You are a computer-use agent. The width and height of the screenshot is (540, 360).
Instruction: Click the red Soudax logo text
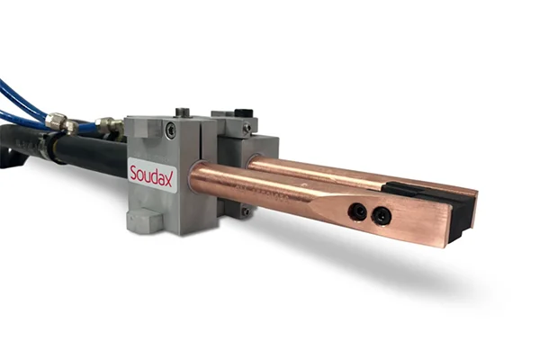(151, 175)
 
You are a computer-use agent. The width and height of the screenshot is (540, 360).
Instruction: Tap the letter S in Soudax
(133, 172)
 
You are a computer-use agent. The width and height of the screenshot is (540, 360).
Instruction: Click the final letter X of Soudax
(168, 179)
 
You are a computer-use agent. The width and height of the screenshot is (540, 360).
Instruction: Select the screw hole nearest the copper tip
(380, 216)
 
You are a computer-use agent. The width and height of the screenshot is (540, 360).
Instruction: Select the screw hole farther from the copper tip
(356, 211)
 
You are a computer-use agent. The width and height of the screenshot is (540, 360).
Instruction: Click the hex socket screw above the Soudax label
(170, 130)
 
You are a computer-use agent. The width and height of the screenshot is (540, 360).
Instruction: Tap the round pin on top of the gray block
(182, 112)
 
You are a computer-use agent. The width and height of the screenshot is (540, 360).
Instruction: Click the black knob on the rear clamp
(244, 114)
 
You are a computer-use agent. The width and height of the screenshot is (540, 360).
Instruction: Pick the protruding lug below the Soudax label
(145, 219)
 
